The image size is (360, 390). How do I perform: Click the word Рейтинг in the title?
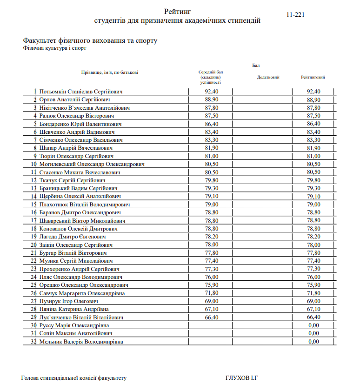pyautogui.click(x=177, y=11)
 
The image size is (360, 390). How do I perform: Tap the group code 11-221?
pyautogui.click(x=296, y=15)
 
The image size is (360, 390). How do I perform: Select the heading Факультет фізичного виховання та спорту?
pyautogui.click(x=90, y=40)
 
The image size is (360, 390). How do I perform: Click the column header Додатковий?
pyautogui.click(x=268, y=77)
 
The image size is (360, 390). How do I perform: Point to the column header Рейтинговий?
pyautogui.click(x=313, y=77)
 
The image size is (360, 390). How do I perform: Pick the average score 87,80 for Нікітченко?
pyautogui.click(x=211, y=107)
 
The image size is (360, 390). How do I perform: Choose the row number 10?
pyautogui.click(x=33, y=164)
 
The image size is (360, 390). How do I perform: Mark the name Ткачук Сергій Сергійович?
pyautogui.click(x=73, y=180)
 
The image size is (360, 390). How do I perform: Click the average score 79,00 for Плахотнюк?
pyautogui.click(x=211, y=205)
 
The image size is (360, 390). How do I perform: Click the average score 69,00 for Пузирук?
pyautogui.click(x=211, y=301)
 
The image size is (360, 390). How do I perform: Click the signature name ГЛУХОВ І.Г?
pyautogui.click(x=242, y=378)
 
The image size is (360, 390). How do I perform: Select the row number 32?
pyautogui.click(x=33, y=342)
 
